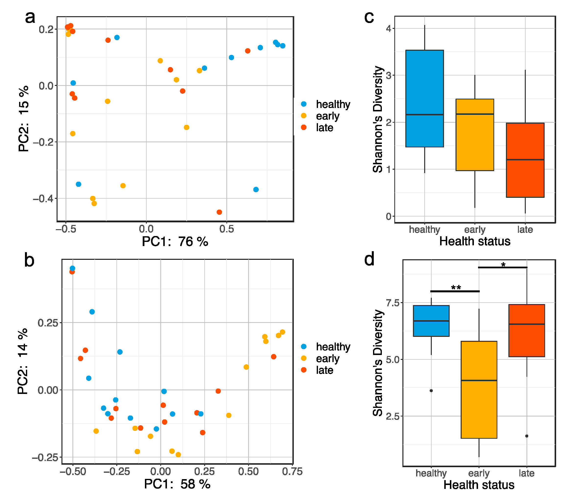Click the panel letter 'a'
click(30, 18)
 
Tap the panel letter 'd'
click(369, 259)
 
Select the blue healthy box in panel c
click(424, 98)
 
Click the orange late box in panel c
click(525, 160)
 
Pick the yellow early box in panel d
click(479, 390)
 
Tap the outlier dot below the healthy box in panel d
click(431, 390)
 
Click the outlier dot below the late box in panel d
click(527, 436)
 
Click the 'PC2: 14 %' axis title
click(23, 361)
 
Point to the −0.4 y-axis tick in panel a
click(45, 199)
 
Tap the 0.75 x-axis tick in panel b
click(292, 472)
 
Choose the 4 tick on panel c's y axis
click(388, 29)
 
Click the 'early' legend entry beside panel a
click(328, 116)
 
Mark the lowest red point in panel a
click(219, 212)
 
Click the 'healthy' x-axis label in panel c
click(424, 229)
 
